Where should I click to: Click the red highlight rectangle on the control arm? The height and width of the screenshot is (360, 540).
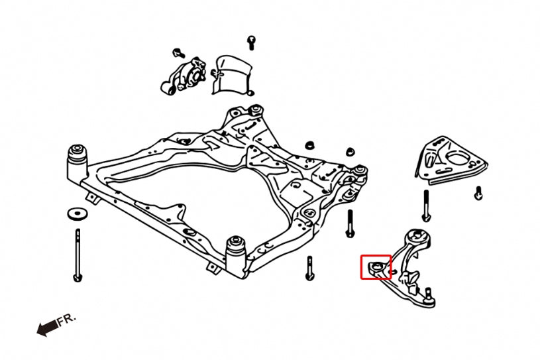pos(376,267)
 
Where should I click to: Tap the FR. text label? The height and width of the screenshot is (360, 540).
pos(67,320)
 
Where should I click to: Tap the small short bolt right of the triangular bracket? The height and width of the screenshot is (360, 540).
pos(478,192)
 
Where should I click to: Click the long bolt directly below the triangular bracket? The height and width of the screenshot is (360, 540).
pos(425,206)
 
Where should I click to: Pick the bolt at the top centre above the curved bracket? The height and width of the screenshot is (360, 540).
pos(251,42)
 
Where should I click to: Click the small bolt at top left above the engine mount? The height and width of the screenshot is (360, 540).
pos(177,52)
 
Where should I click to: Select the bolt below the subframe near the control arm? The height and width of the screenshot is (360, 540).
pos(309,268)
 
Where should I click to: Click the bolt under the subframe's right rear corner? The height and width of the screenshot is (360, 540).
pos(350,224)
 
